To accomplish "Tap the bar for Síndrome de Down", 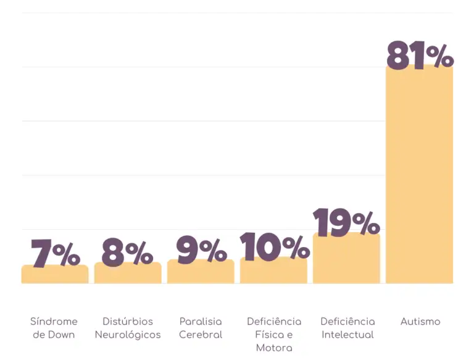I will pos(55,275).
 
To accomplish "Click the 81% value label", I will pos(420,56).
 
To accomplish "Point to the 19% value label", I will pos(346,223).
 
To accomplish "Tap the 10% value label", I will pos(274,247).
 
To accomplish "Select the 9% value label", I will pos(201,249).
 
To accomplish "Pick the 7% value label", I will pos(56,253).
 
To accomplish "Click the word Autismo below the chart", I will pos(420,322).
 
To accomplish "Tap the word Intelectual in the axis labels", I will pos(347,335).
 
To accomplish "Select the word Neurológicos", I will pos(128,335).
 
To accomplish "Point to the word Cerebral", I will pos(201,335).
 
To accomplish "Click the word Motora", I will pos(274,348).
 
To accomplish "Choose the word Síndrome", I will pos(54,322).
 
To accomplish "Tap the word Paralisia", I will pos(201,322).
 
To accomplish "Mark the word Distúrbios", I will pos(128,322).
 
